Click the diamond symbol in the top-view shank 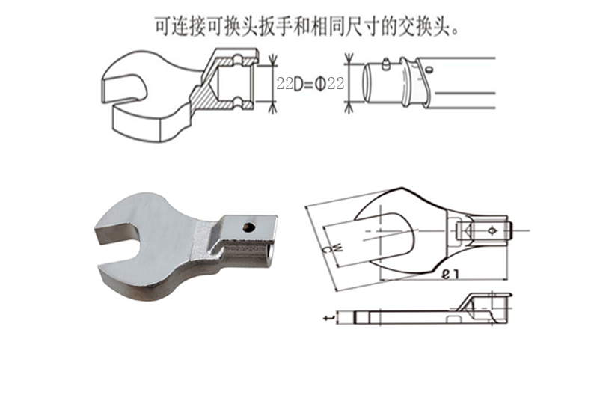(x=492, y=230)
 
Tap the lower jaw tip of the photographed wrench (x=105, y=274)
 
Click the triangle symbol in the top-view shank (x=465, y=230)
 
